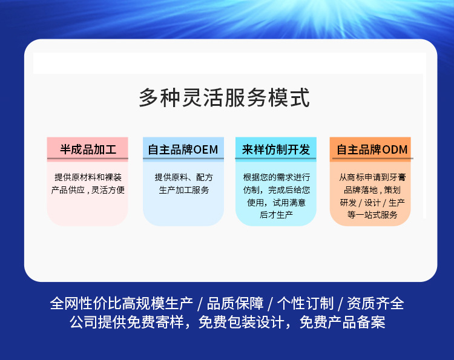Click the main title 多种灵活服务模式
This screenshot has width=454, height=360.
225,97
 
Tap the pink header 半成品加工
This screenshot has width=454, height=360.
88,149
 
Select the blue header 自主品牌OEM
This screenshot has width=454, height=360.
183,149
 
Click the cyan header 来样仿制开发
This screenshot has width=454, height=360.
276,149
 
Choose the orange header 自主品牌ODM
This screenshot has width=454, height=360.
372,149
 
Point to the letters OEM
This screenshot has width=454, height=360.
206,149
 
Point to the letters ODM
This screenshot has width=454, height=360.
395,149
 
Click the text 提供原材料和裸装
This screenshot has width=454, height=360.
88,177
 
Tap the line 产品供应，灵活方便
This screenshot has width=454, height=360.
88,190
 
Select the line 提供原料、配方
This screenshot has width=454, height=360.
183,177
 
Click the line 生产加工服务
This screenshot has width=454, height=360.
183,190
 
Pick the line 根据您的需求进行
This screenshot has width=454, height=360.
277,177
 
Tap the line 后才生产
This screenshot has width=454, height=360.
276,215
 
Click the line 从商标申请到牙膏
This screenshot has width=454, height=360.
373,177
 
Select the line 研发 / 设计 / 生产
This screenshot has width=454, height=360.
372,203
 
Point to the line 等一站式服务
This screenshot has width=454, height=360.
372,215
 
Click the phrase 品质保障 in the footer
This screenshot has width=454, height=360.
235,304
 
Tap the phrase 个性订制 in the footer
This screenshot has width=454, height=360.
306,304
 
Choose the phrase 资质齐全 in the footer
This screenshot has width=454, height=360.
375,304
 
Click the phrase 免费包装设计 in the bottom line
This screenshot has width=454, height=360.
241,322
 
